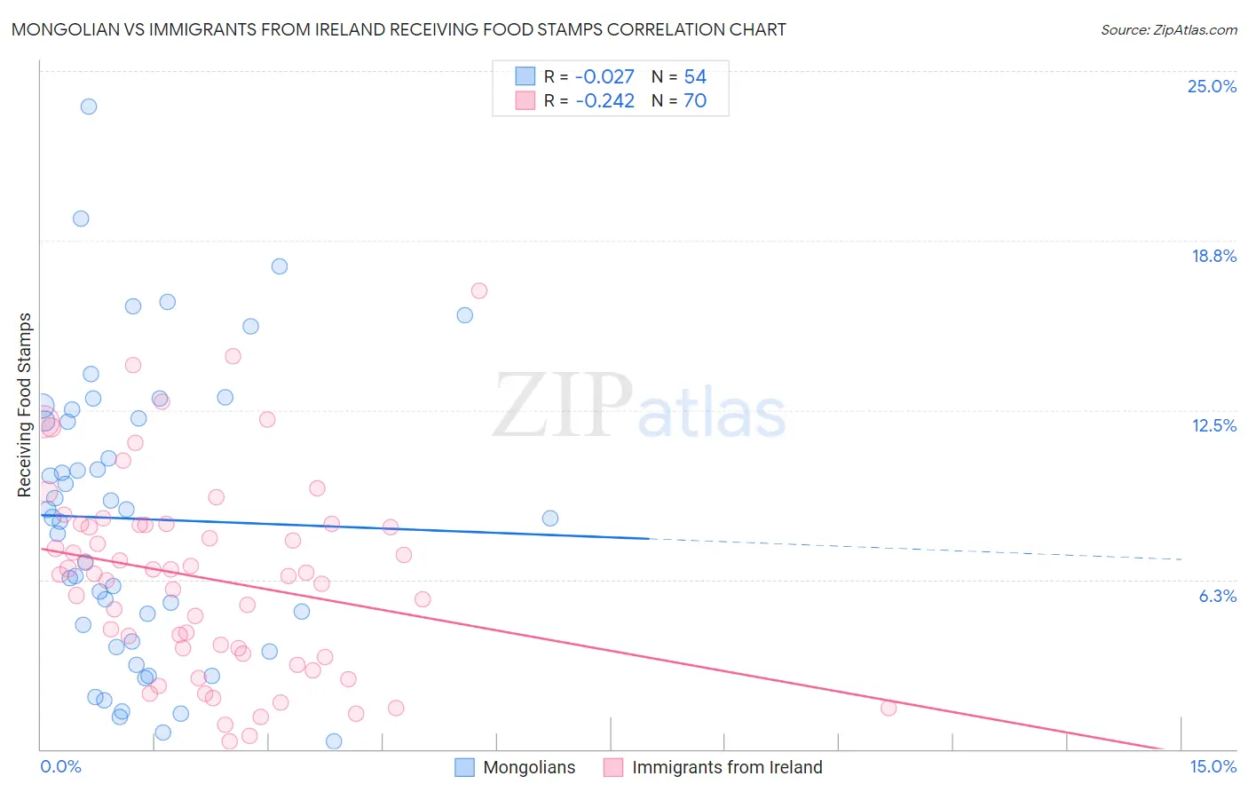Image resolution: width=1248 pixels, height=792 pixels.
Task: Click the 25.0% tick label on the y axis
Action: click(1212, 86)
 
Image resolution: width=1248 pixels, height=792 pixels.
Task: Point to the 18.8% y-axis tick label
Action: click(1213, 256)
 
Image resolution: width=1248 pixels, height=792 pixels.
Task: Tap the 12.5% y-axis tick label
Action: click(1213, 425)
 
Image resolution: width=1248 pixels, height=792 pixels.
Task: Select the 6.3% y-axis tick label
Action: click(1217, 596)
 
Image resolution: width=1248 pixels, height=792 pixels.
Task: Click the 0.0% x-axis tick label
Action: click(60, 766)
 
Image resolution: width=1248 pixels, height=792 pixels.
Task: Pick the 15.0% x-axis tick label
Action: click(1212, 766)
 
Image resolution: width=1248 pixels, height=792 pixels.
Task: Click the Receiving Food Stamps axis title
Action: click(25, 405)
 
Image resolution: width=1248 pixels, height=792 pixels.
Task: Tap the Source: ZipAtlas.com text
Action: click(1168, 29)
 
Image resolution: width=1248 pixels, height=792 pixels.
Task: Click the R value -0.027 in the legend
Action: click(604, 76)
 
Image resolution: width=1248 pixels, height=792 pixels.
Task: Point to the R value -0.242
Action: click(604, 100)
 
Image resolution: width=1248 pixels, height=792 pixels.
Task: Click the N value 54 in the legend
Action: click(695, 76)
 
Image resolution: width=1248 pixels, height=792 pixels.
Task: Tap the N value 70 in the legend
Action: click(695, 100)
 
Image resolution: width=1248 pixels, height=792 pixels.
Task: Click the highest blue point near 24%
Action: click(89, 107)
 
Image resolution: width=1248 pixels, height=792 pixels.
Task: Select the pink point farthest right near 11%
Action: click(889, 708)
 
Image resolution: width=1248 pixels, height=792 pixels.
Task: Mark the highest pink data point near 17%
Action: click(479, 290)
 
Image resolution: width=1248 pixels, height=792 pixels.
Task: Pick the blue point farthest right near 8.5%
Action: click(550, 518)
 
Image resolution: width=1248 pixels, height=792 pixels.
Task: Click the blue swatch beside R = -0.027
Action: click(525, 76)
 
